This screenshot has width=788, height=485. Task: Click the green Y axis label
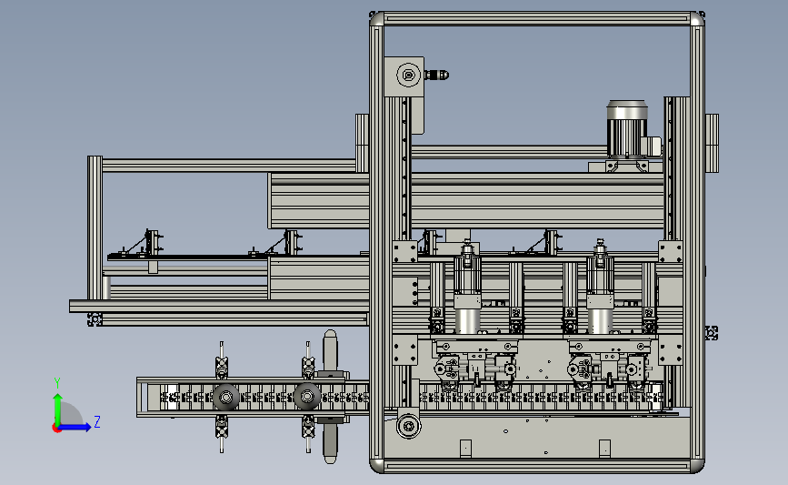[x=57, y=383]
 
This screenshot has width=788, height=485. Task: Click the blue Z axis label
[x=97, y=421]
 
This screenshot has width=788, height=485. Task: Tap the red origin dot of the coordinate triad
[x=56, y=429]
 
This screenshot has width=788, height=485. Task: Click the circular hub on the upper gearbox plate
[x=409, y=75]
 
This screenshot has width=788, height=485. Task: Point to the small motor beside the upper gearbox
[x=436, y=75]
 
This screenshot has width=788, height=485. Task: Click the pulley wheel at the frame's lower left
[x=409, y=427]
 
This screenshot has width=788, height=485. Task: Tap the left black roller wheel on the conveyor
[x=225, y=398]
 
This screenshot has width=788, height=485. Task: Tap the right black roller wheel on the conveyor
[x=307, y=397]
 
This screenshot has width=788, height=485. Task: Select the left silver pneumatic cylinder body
[x=467, y=321]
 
